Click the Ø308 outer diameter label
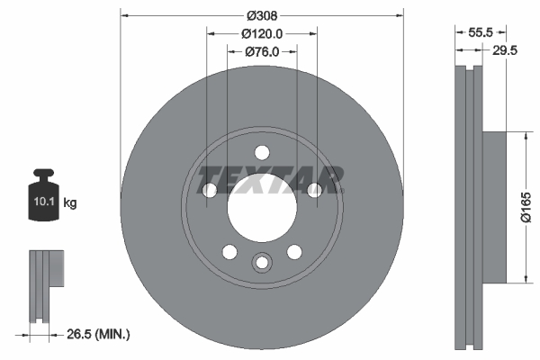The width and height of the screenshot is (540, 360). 261,14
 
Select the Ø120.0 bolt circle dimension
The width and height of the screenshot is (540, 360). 262,33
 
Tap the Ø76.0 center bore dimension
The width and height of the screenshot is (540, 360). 262,52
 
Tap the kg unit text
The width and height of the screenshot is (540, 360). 70,204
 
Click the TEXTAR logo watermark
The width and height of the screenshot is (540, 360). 270,179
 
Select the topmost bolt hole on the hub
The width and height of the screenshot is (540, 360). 261,152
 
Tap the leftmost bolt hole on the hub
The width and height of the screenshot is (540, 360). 209,190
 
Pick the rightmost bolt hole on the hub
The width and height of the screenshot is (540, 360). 314,190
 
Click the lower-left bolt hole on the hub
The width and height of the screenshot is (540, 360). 229,251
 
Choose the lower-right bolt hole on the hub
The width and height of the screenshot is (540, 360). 293,251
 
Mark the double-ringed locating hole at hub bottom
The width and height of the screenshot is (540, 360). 261,263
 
